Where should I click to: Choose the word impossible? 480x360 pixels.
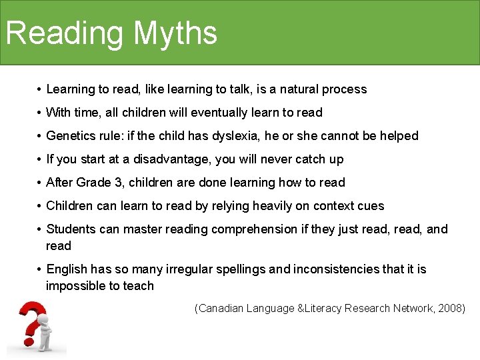pyautogui.click(x=73, y=286)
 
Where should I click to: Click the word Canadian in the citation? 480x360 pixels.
pyautogui.click(x=221, y=309)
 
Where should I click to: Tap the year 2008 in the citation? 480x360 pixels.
pyautogui.click(x=450, y=309)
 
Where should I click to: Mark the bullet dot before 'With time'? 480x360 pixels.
pyautogui.click(x=40, y=113)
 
